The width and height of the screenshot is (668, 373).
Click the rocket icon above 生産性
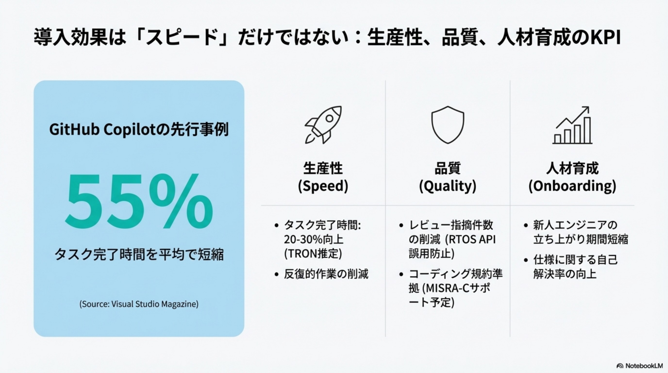click(323, 125)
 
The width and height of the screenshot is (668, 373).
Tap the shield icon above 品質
click(448, 125)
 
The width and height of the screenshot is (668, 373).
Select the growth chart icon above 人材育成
click(573, 126)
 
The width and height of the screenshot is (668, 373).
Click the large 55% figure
click(139, 202)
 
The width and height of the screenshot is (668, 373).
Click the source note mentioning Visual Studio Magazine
click(139, 304)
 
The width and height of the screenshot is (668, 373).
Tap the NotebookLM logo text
click(644, 366)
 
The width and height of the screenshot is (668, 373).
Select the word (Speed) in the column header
click(323, 186)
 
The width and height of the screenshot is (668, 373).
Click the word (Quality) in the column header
click(448, 186)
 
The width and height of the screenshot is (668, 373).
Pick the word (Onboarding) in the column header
click(572, 186)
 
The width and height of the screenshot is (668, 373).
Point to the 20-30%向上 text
click(314, 239)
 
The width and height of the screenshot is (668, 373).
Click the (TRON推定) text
click(313, 254)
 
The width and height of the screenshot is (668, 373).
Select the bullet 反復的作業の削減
click(326, 274)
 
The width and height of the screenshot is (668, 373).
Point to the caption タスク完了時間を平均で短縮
click(139, 254)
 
